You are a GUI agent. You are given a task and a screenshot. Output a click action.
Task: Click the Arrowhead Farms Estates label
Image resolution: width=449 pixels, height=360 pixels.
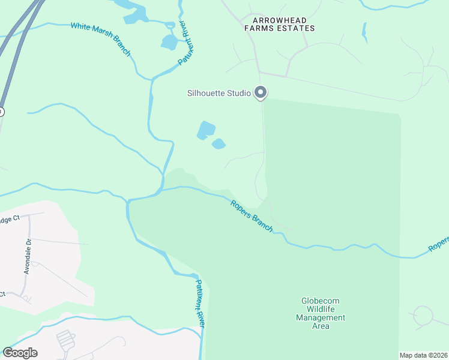tap(279, 24)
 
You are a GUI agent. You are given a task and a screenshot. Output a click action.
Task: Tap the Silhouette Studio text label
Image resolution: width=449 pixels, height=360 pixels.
tap(218, 93)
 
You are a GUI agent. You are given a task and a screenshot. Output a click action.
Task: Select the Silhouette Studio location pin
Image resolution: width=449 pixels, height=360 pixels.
tap(261, 92)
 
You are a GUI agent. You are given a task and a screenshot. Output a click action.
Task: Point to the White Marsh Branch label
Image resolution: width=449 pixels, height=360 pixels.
tap(100, 39)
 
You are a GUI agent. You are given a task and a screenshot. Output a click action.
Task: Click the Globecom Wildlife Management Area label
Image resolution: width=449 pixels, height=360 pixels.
tap(321, 313)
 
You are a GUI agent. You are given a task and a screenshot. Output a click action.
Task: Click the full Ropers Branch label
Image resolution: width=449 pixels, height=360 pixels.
tap(252, 216)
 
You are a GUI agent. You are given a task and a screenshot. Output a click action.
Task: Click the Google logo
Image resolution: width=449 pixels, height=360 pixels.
tap(20, 353)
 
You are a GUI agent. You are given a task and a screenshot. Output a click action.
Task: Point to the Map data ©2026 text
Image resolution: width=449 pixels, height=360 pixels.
tap(424, 355)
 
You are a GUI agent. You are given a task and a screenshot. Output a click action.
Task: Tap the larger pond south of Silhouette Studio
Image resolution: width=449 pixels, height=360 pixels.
tap(206, 129)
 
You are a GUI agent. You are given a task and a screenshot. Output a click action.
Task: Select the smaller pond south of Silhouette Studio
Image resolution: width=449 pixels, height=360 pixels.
tap(218, 144)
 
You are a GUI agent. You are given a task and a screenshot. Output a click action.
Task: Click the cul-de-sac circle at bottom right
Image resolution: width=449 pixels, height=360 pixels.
tap(423, 315)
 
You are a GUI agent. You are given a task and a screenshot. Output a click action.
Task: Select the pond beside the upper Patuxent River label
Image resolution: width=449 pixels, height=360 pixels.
tap(169, 42)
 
